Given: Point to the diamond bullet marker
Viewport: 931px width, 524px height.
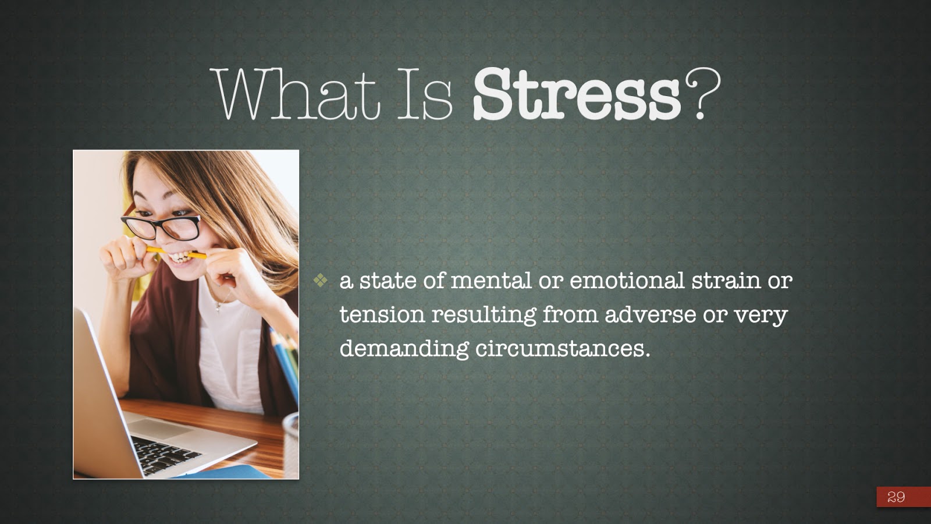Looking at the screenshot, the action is tap(321, 280).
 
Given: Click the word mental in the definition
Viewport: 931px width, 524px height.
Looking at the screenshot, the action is tap(491, 281).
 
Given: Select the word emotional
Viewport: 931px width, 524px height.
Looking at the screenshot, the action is tap(627, 281).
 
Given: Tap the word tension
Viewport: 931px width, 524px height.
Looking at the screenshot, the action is tap(382, 314).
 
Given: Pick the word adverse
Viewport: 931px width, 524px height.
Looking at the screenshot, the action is tap(650, 314).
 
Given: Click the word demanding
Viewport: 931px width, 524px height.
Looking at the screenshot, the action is tap(404, 349).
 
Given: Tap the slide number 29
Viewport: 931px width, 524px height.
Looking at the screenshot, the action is tap(896, 497).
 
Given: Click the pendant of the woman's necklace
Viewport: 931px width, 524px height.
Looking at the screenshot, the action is tap(218, 308).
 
